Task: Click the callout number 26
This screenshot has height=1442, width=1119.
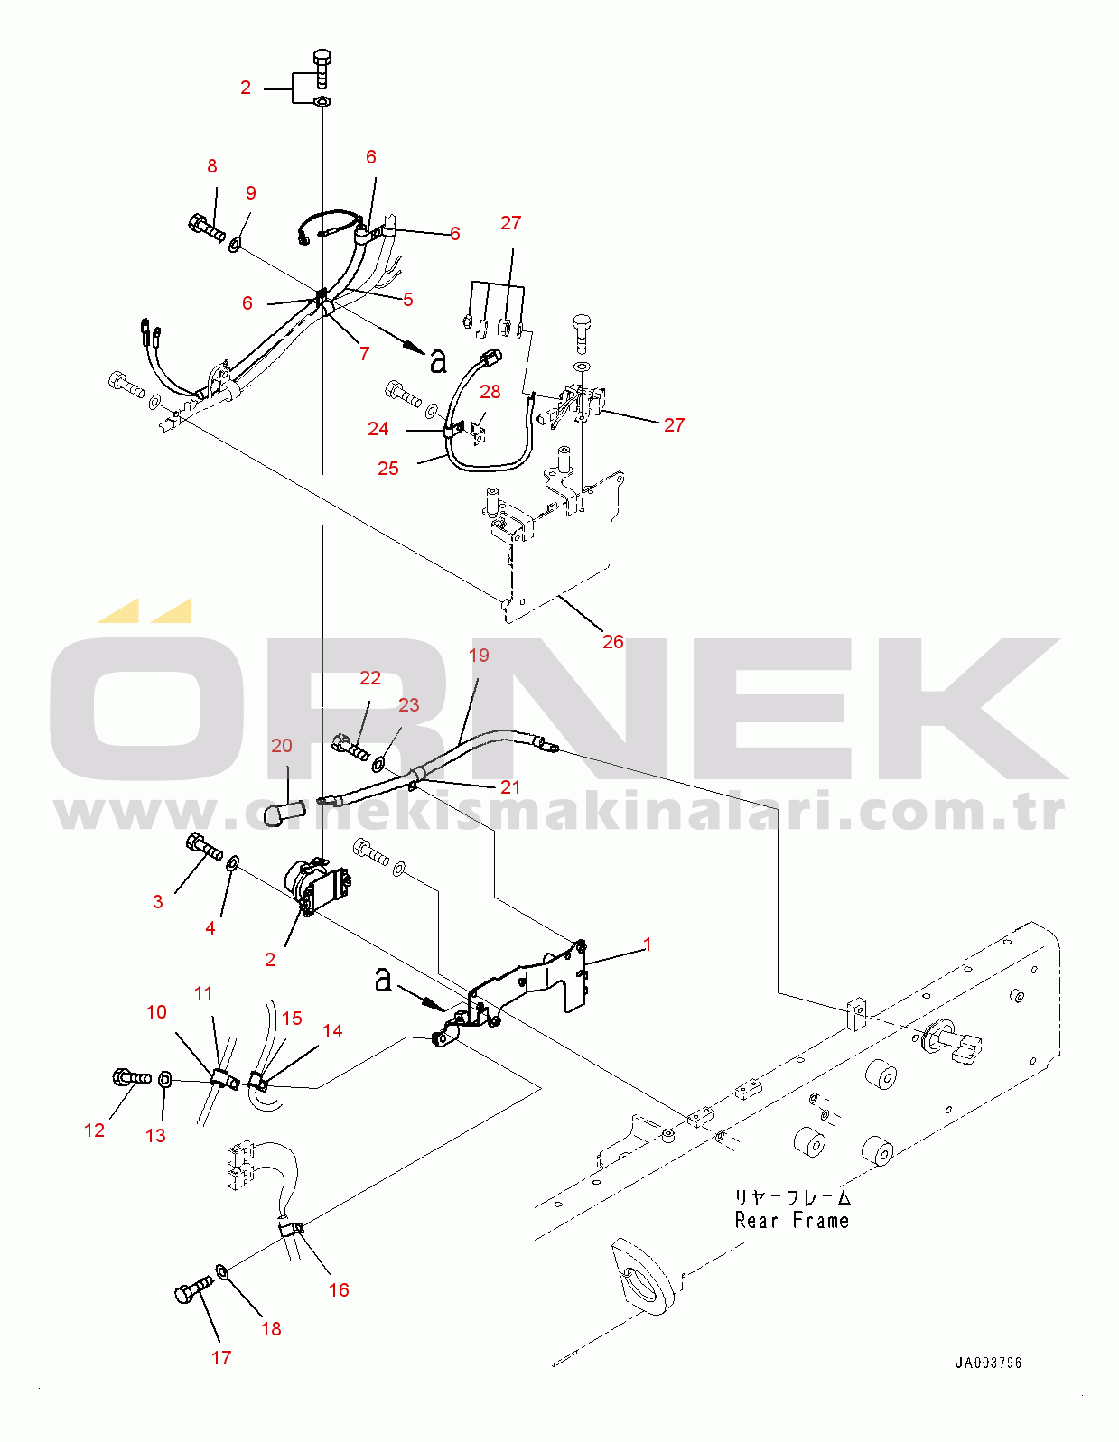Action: pos(612,641)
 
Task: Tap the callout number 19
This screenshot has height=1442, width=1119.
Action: pos(479,655)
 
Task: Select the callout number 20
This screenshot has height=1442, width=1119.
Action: pos(282,745)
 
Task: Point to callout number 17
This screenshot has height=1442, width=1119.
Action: pos(221,1357)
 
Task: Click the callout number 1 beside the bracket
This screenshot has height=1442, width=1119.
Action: pos(647,944)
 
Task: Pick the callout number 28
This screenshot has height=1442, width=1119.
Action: pos(490,391)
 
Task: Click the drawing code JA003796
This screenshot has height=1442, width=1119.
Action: pos(988,1363)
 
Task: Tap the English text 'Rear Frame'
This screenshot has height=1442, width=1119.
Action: pos(792,1221)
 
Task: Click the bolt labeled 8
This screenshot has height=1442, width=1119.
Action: pos(206,226)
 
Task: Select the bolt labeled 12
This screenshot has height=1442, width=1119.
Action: pos(131,1077)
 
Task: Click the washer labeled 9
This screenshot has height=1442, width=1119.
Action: pos(235,244)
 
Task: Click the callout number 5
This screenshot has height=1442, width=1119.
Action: pos(408,300)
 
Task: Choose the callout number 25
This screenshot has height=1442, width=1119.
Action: pos(388,468)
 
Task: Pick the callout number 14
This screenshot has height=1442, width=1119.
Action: pos(332,1030)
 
